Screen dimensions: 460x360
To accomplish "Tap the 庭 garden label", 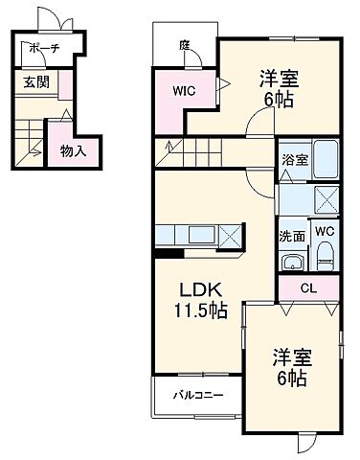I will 183,44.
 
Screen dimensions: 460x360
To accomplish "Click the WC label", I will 324,231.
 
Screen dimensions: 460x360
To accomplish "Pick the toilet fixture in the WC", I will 324,256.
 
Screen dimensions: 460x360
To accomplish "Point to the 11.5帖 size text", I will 199,310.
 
